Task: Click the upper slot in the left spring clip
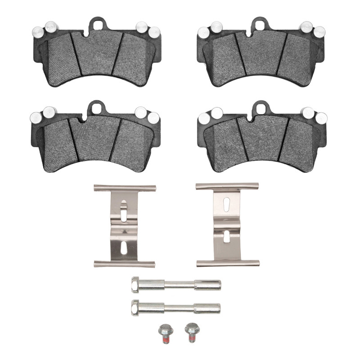124,210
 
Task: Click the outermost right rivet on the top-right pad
319,32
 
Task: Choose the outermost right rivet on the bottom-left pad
153,117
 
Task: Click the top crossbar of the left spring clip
125,188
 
